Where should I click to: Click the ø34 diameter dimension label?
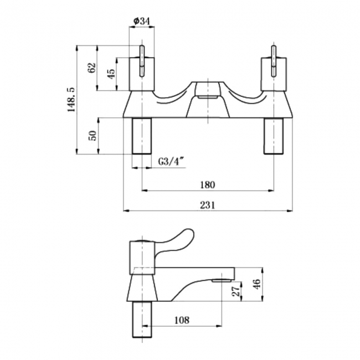tap(142, 22)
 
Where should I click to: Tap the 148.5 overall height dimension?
tap(71, 100)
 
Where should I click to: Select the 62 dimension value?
tap(92, 68)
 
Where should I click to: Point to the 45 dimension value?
tap(111, 74)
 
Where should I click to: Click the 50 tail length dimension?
tap(92, 136)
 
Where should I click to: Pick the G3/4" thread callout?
tap(172, 161)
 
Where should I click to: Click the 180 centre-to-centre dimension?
tap(208, 184)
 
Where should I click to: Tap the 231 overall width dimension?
tap(208, 205)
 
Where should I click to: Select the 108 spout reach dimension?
tap(182, 320)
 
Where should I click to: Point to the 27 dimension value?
tap(236, 291)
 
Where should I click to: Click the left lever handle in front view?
tap(142, 61)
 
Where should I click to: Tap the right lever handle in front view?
tap(274, 61)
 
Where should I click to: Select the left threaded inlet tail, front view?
tap(142, 136)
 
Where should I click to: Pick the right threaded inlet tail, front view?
tap(274, 136)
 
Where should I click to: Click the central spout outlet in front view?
tap(208, 97)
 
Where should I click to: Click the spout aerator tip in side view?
tap(222, 280)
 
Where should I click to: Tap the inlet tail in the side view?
tap(142, 320)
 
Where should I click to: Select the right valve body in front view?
tap(274, 74)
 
